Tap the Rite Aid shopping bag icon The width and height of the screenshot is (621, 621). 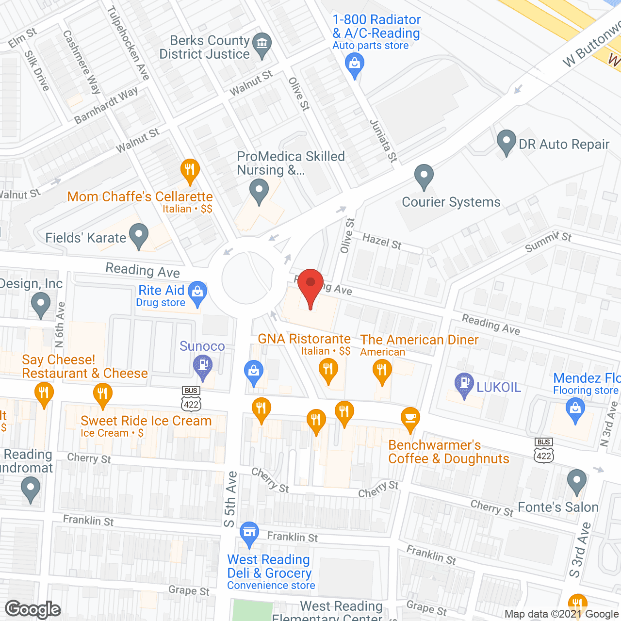pyautogui.click(x=197, y=292)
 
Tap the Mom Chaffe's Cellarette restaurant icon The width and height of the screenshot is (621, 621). pyautogui.click(x=190, y=170)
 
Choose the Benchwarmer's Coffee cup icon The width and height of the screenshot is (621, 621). pyautogui.click(x=410, y=418)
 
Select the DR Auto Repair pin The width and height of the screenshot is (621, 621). pyautogui.click(x=507, y=141)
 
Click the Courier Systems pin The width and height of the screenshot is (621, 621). pyautogui.click(x=424, y=176)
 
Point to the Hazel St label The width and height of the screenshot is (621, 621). pyautogui.click(x=382, y=241)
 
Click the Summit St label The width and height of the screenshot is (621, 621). pyautogui.click(x=548, y=241)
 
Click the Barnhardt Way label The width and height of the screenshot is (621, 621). pyautogui.click(x=106, y=105)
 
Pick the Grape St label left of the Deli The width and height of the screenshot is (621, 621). pyautogui.click(x=189, y=590)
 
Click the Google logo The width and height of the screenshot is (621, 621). pyautogui.click(x=33, y=609)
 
